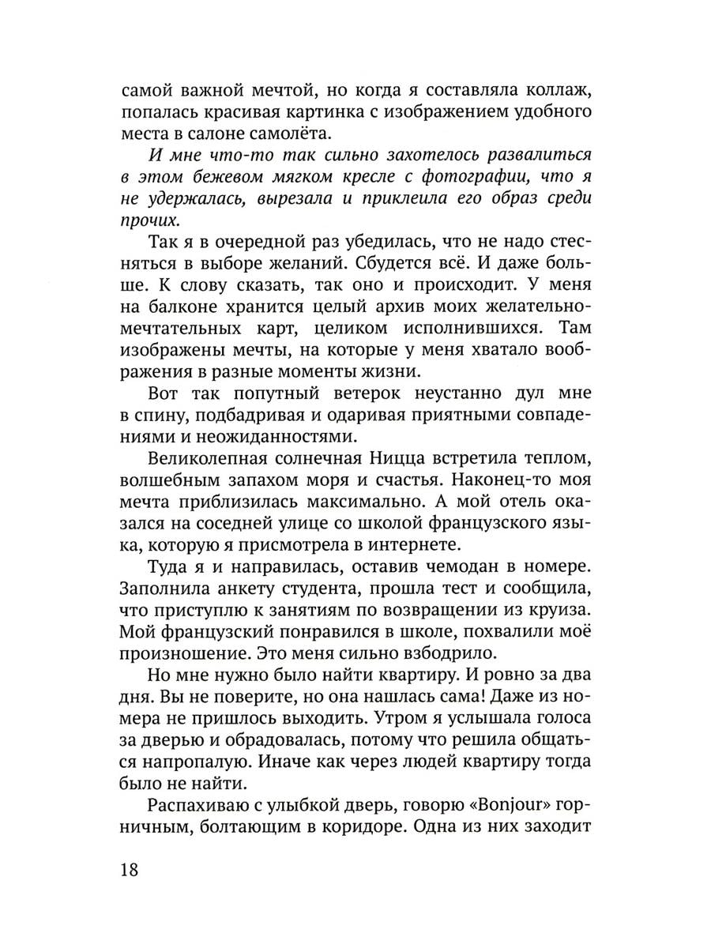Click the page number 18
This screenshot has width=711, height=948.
(130, 870)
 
